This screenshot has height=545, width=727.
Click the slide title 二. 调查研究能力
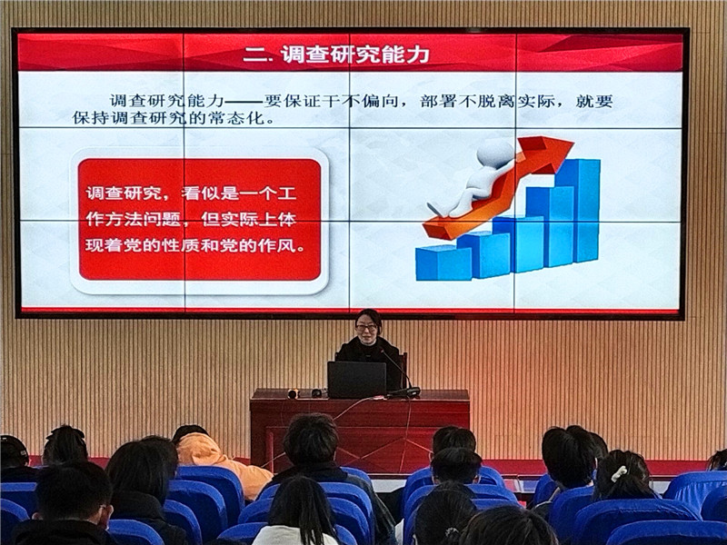336,54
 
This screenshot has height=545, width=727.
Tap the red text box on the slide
199,219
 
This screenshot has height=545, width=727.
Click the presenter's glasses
367,328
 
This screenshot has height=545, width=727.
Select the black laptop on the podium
356,379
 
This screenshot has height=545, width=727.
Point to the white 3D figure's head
494,152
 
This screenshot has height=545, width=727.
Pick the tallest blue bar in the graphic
578,211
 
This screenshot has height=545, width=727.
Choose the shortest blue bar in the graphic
443,263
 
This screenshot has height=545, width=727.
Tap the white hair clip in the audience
619,473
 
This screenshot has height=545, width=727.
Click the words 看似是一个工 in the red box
239,193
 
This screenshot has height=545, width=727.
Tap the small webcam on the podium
293,394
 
